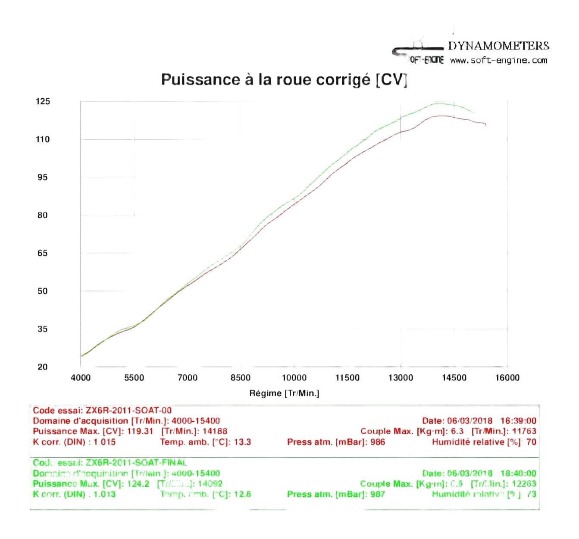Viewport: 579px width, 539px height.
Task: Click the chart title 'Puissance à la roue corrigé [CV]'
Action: (284, 80)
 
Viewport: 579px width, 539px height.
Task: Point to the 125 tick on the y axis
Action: (43, 101)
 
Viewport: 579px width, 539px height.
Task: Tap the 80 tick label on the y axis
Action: (42, 215)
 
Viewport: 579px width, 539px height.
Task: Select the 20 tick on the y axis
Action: (42, 367)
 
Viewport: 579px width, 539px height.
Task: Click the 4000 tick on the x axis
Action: (81, 378)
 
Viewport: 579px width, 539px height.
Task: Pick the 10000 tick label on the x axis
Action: (294, 378)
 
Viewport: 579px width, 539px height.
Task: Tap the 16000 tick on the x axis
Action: (507, 378)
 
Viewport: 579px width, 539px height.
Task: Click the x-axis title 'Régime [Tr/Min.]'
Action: (284, 393)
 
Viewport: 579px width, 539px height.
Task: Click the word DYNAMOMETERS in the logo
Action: (498, 46)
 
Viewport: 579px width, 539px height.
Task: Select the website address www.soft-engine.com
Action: (498, 60)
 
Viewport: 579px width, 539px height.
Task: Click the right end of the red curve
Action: (486, 125)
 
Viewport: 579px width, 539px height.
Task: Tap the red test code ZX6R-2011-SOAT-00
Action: (128, 411)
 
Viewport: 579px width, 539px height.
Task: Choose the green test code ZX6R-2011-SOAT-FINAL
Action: (136, 463)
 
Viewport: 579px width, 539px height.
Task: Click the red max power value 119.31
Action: (140, 431)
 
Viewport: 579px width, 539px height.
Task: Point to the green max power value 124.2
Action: (138, 484)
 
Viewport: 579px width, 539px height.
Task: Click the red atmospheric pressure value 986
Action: (377, 442)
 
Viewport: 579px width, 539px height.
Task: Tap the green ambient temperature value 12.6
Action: (242, 494)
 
